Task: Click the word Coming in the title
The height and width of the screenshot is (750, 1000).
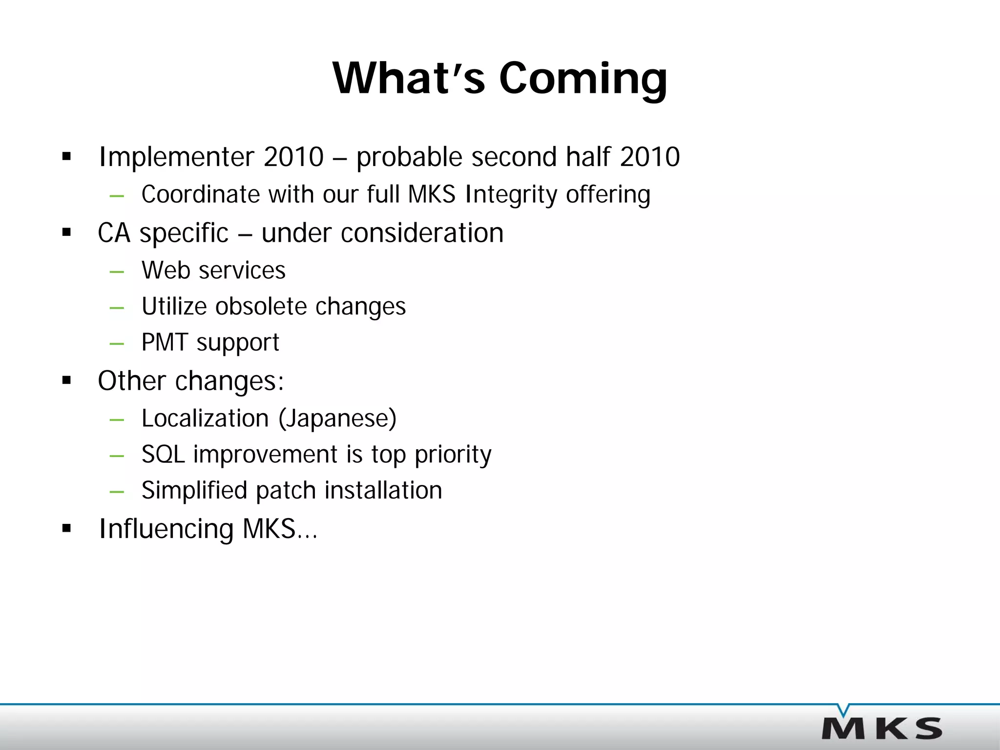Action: click(x=583, y=79)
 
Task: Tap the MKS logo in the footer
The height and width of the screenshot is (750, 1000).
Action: click(x=882, y=728)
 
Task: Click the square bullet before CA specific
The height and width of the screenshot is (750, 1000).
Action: click(x=67, y=233)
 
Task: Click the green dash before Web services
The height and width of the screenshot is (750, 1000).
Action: click(x=117, y=271)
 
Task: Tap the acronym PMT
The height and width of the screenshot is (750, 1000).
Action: click(x=165, y=342)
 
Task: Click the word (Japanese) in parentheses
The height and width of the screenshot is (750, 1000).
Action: click(x=337, y=418)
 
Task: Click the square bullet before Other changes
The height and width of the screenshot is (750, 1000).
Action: click(x=67, y=381)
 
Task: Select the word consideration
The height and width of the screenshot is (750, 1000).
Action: click(x=422, y=233)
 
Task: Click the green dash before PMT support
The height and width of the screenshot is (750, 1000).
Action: click(x=117, y=343)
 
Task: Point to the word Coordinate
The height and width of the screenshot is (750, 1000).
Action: click(x=201, y=194)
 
